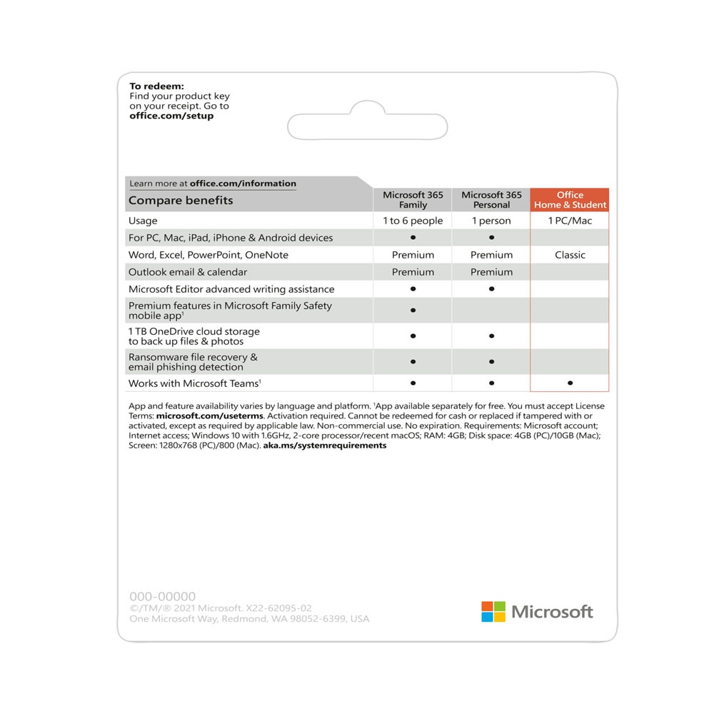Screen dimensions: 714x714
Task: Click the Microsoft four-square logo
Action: (493, 611)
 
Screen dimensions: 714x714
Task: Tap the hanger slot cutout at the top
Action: (367, 126)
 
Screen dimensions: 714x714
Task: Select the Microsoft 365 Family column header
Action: (413, 200)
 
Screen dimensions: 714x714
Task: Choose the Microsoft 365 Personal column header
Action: (491, 200)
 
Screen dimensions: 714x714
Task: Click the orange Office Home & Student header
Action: (570, 200)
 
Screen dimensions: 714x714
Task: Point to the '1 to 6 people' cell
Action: (413, 221)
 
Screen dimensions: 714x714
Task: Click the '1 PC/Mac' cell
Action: (570, 221)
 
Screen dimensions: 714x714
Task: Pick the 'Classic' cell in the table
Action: (570, 255)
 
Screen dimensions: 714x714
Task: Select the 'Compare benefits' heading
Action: (181, 201)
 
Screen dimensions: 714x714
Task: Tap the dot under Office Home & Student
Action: (570, 383)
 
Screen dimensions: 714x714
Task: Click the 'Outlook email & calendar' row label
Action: (188, 272)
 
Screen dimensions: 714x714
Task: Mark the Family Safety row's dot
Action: (413, 311)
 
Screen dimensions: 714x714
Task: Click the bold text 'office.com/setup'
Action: (171, 116)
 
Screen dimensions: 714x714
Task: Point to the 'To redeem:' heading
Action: (156, 86)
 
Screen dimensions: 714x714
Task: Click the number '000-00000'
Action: (162, 596)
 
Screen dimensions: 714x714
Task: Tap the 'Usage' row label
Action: (143, 221)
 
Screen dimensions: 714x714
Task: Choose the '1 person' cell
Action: (491, 221)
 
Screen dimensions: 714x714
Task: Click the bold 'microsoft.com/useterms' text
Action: (210, 416)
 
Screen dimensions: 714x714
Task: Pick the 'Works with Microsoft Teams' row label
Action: (193, 383)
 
